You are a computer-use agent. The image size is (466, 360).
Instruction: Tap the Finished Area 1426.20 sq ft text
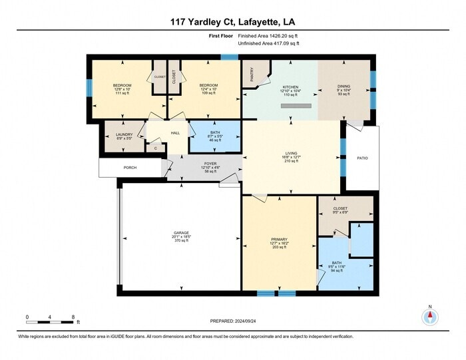point(268,36)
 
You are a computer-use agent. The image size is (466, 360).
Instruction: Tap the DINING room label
point(344,87)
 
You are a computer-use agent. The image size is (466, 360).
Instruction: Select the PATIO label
point(362,158)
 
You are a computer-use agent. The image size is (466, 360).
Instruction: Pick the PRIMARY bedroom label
point(279,240)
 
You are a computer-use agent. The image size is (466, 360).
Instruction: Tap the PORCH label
point(130,167)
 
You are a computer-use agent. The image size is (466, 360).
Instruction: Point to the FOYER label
point(210,162)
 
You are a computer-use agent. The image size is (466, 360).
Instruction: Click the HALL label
point(176,133)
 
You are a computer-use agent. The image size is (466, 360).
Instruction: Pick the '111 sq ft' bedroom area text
point(122,93)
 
